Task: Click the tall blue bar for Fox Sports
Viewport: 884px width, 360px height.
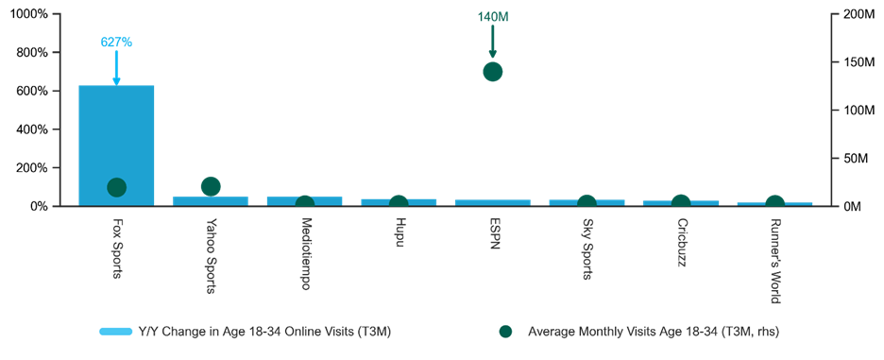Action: click(x=116, y=146)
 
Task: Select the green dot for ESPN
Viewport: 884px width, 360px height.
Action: click(x=493, y=72)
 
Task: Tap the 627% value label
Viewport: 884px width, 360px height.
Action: click(x=117, y=43)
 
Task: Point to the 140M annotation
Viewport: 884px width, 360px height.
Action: click(x=493, y=16)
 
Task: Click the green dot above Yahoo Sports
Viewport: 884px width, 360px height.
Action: click(x=211, y=186)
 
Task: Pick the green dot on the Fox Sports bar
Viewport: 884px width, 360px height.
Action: click(x=116, y=188)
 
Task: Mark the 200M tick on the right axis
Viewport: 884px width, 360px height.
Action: click(x=854, y=14)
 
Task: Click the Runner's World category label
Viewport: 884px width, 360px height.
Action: click(x=775, y=261)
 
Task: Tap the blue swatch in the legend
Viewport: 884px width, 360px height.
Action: click(x=115, y=332)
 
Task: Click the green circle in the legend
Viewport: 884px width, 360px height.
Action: click(x=505, y=332)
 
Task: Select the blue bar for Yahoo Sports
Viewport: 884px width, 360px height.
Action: click(x=211, y=201)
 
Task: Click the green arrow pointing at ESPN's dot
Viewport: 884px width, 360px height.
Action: click(x=493, y=42)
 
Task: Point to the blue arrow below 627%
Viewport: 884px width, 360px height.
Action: click(x=117, y=68)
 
